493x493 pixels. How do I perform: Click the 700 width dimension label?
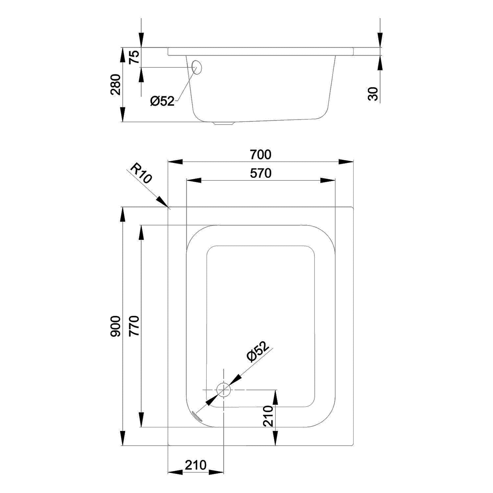(260, 154)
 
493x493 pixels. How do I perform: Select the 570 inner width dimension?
(260, 173)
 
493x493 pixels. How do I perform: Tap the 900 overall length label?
(115, 326)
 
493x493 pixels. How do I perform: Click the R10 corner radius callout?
(141, 174)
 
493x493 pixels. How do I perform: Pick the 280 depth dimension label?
(115, 84)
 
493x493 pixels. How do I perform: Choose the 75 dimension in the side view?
(134, 57)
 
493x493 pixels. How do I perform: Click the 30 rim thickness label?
(373, 94)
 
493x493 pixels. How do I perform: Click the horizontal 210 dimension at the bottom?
(196, 465)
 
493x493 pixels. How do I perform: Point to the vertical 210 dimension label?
(268, 416)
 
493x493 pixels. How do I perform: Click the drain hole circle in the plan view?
(223, 390)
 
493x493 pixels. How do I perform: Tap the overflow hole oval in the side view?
(196, 67)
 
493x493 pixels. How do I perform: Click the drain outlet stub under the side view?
(223, 123)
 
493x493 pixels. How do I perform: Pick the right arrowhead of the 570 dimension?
(328, 180)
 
